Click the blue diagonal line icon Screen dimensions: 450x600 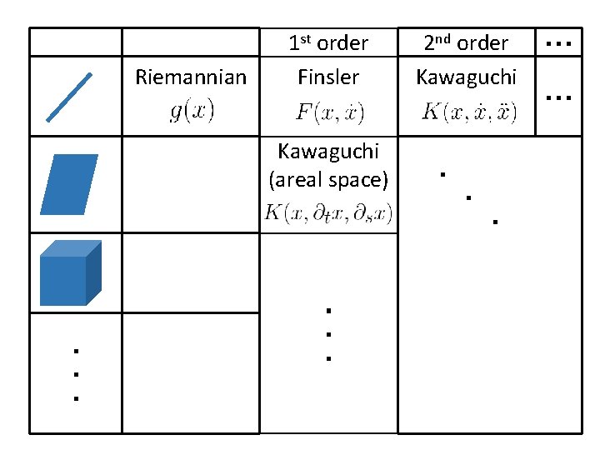point(69,97)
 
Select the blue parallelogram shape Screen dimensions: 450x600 point(70,184)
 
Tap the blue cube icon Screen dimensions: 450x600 point(70,273)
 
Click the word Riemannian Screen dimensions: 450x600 point(191,77)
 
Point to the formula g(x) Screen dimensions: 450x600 point(192,111)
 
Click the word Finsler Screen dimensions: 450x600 point(328,77)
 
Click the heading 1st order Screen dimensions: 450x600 point(328,42)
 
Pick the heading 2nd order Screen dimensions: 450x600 point(466,42)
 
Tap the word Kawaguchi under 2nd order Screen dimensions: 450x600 point(466,77)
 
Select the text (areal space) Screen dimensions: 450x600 point(328,179)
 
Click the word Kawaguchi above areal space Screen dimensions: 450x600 point(328,152)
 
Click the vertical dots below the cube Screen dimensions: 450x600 point(75,375)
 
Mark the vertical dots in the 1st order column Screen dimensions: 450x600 point(328,334)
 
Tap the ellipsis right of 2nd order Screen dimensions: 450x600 point(557,43)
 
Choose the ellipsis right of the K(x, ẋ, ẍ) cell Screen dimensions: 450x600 point(557,98)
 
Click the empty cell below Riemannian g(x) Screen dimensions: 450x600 point(191,184)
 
